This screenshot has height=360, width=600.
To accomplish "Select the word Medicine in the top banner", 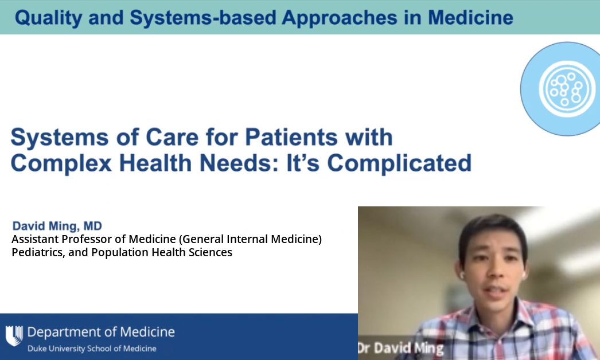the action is click(x=471, y=18).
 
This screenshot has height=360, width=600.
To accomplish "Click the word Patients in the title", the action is click(x=291, y=137).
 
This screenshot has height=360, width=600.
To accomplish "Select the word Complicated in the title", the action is click(x=399, y=164).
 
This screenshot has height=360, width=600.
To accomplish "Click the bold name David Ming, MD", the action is click(x=57, y=226).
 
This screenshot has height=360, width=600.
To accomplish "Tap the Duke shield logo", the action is click(x=14, y=335).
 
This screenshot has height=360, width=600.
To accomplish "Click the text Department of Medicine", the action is click(x=101, y=332).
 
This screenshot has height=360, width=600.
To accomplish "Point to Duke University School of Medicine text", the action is click(x=92, y=349).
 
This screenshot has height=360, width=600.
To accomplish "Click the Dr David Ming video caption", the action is click(x=400, y=348).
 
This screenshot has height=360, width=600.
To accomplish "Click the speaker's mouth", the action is click(x=497, y=292).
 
